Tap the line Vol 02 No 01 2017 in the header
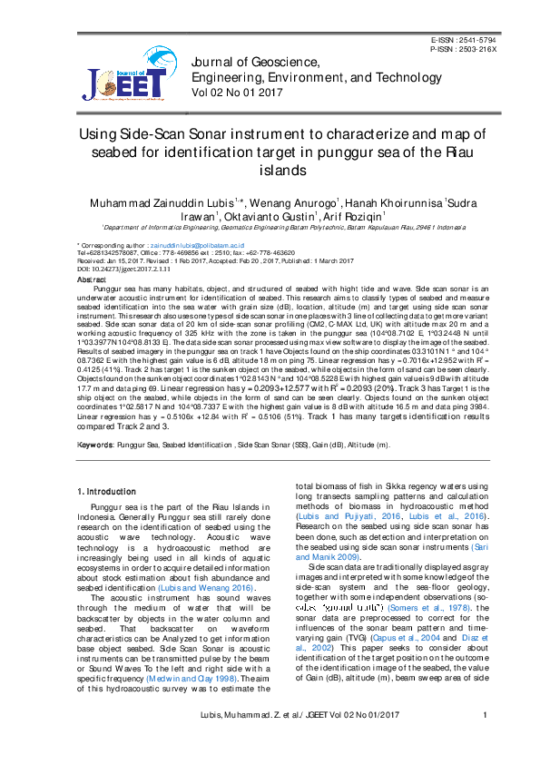238,93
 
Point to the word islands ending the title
270,170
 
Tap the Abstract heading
93,280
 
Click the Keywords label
95,446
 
